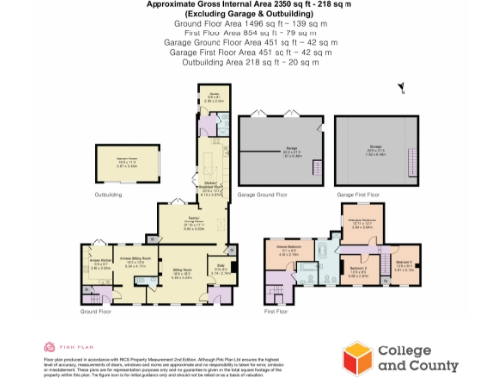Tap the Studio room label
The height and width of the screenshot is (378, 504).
click(x=213, y=97)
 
